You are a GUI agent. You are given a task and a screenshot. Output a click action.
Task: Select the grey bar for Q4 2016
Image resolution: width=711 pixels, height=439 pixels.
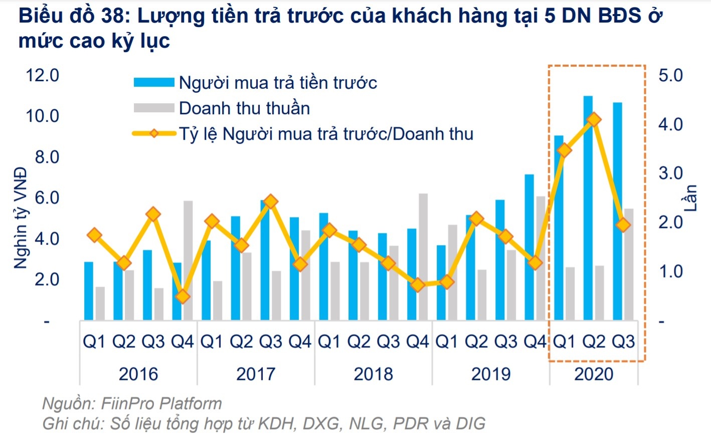pos(188,261)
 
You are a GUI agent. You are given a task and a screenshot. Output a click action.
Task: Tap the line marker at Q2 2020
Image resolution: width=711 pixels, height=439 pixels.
pos(594,120)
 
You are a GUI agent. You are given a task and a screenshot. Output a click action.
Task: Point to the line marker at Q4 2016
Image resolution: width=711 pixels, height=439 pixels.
pos(183,297)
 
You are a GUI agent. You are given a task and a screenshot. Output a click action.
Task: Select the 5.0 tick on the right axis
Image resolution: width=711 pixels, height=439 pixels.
pos(670,75)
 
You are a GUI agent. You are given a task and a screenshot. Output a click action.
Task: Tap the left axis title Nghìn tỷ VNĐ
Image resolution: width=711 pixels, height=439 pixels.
pos(20,218)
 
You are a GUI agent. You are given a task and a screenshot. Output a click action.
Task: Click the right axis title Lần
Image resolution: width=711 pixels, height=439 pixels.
pos(690,198)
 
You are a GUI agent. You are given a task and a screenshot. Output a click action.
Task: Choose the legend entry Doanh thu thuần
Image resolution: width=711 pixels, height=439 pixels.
pos(244,108)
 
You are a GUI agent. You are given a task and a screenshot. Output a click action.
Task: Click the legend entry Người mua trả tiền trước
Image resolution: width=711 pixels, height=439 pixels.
pos(278,83)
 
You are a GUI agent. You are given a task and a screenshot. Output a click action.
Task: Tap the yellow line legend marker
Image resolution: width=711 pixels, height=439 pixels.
pos(154,134)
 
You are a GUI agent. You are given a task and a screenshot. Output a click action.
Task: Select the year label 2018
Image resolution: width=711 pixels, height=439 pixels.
pos(373,374)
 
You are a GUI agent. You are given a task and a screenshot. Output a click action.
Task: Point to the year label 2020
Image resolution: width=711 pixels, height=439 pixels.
pos(594,374)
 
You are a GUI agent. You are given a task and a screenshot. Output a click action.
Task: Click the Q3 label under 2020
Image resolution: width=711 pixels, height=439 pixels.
pos(623,342)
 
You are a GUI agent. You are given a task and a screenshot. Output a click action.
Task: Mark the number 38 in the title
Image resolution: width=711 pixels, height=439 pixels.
pos(114,16)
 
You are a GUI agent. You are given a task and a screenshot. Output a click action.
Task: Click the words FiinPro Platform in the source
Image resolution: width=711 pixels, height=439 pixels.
pos(161,403)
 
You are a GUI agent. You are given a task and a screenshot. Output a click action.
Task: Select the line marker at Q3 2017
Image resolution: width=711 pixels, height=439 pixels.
pos(271,202)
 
